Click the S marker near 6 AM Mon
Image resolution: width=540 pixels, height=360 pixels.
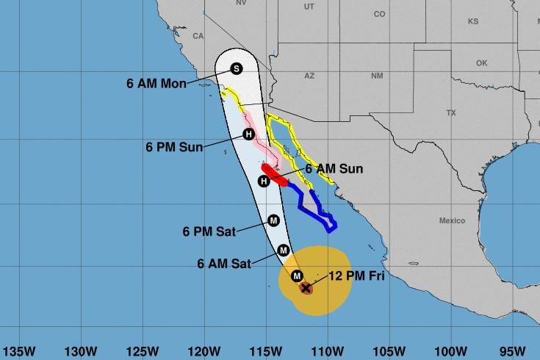237,68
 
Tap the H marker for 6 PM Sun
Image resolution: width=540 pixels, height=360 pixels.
248,134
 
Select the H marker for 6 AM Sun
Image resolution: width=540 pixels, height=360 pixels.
264,181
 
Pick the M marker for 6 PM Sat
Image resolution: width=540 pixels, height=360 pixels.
273,220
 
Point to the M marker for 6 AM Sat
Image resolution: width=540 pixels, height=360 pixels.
284,251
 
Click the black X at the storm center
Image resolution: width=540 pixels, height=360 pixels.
306,288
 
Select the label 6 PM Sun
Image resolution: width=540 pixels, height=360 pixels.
174,147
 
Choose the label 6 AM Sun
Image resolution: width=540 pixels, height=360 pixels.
334,168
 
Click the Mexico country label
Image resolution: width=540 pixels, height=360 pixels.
452,220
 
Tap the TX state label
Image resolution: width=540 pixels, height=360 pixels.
451,112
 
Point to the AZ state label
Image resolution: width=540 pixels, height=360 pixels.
309,76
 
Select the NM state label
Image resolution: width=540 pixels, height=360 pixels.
377,76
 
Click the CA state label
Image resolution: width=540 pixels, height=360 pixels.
198,35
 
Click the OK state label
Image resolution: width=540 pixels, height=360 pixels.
481,63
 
